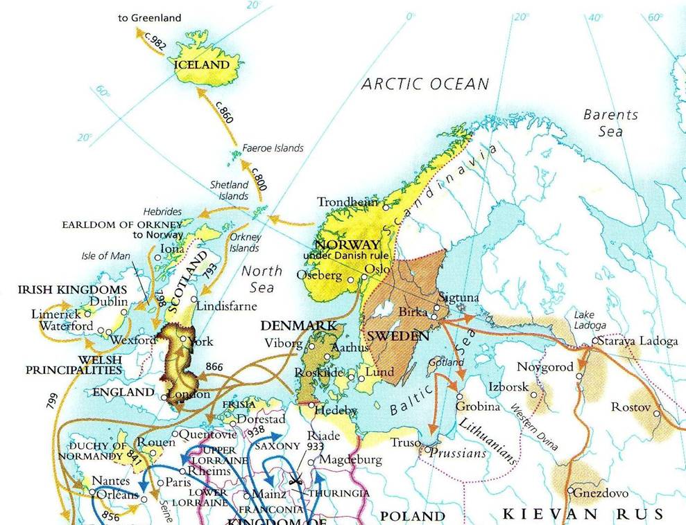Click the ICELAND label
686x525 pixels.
[202, 64]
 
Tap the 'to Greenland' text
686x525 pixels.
[151, 17]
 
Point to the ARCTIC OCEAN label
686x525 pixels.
[425, 84]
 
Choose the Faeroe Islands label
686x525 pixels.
[273, 148]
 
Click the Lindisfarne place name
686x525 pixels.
[227, 306]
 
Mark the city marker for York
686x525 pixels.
[182, 339]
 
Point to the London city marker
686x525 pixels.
[164, 398]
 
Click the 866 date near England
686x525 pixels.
[216, 367]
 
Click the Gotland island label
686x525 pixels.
[447, 362]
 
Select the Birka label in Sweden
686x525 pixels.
[413, 312]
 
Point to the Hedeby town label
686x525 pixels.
[336, 410]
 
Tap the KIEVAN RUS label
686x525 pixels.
[583, 514]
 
